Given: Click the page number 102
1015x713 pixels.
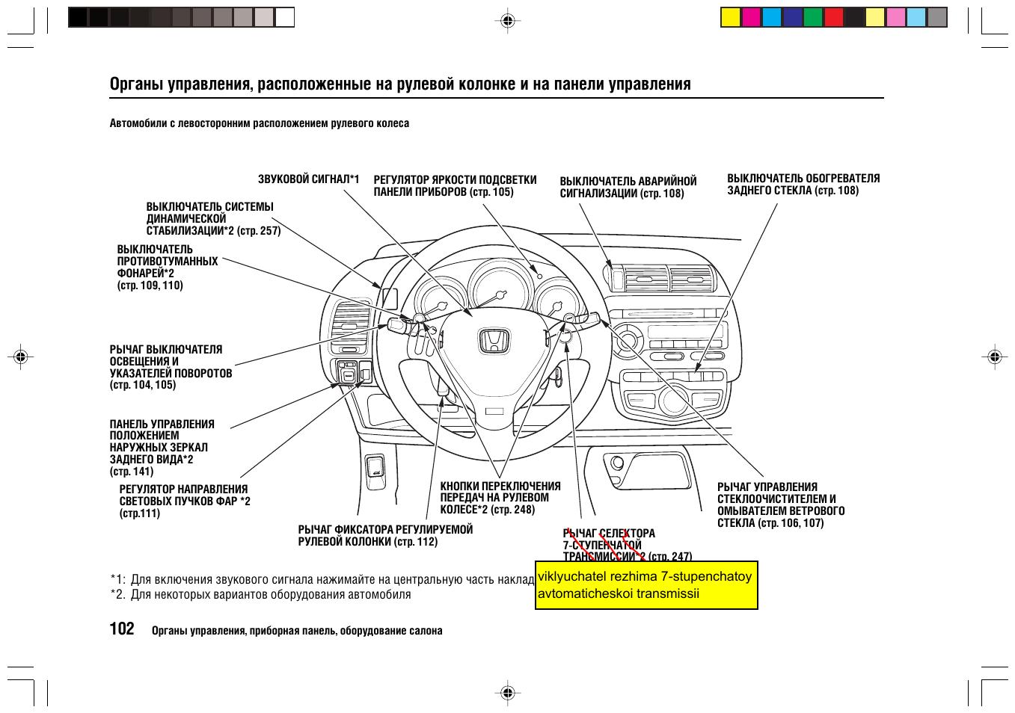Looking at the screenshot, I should [122, 629].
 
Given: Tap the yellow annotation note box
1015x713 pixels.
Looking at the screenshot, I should [646, 585].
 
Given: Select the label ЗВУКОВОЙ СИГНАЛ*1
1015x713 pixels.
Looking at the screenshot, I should [308, 179].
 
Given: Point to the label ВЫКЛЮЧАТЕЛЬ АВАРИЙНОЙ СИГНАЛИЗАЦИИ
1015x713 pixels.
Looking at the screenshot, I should [628, 187].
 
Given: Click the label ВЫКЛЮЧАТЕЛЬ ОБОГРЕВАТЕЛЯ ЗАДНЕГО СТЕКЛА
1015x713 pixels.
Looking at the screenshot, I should [803, 184].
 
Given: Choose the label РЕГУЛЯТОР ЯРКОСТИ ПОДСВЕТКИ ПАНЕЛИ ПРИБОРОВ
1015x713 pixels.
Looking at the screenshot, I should [455, 185].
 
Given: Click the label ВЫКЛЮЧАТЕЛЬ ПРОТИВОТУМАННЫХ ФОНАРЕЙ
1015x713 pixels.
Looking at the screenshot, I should [167, 267].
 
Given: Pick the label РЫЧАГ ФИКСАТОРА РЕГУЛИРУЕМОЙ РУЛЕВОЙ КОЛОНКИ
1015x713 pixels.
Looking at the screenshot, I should [385, 535].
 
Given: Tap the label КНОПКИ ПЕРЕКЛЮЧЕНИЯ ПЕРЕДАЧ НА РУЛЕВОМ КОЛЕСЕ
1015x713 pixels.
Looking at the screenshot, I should [500, 497].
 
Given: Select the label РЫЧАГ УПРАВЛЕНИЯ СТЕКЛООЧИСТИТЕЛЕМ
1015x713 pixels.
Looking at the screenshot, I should [780, 504].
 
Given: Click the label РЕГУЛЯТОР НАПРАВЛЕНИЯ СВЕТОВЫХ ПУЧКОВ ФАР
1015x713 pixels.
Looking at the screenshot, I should [184, 501].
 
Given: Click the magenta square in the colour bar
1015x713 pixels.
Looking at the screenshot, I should [751, 16].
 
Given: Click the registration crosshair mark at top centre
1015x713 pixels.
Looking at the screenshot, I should [507, 20].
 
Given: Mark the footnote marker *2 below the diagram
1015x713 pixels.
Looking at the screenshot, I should [117, 595].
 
